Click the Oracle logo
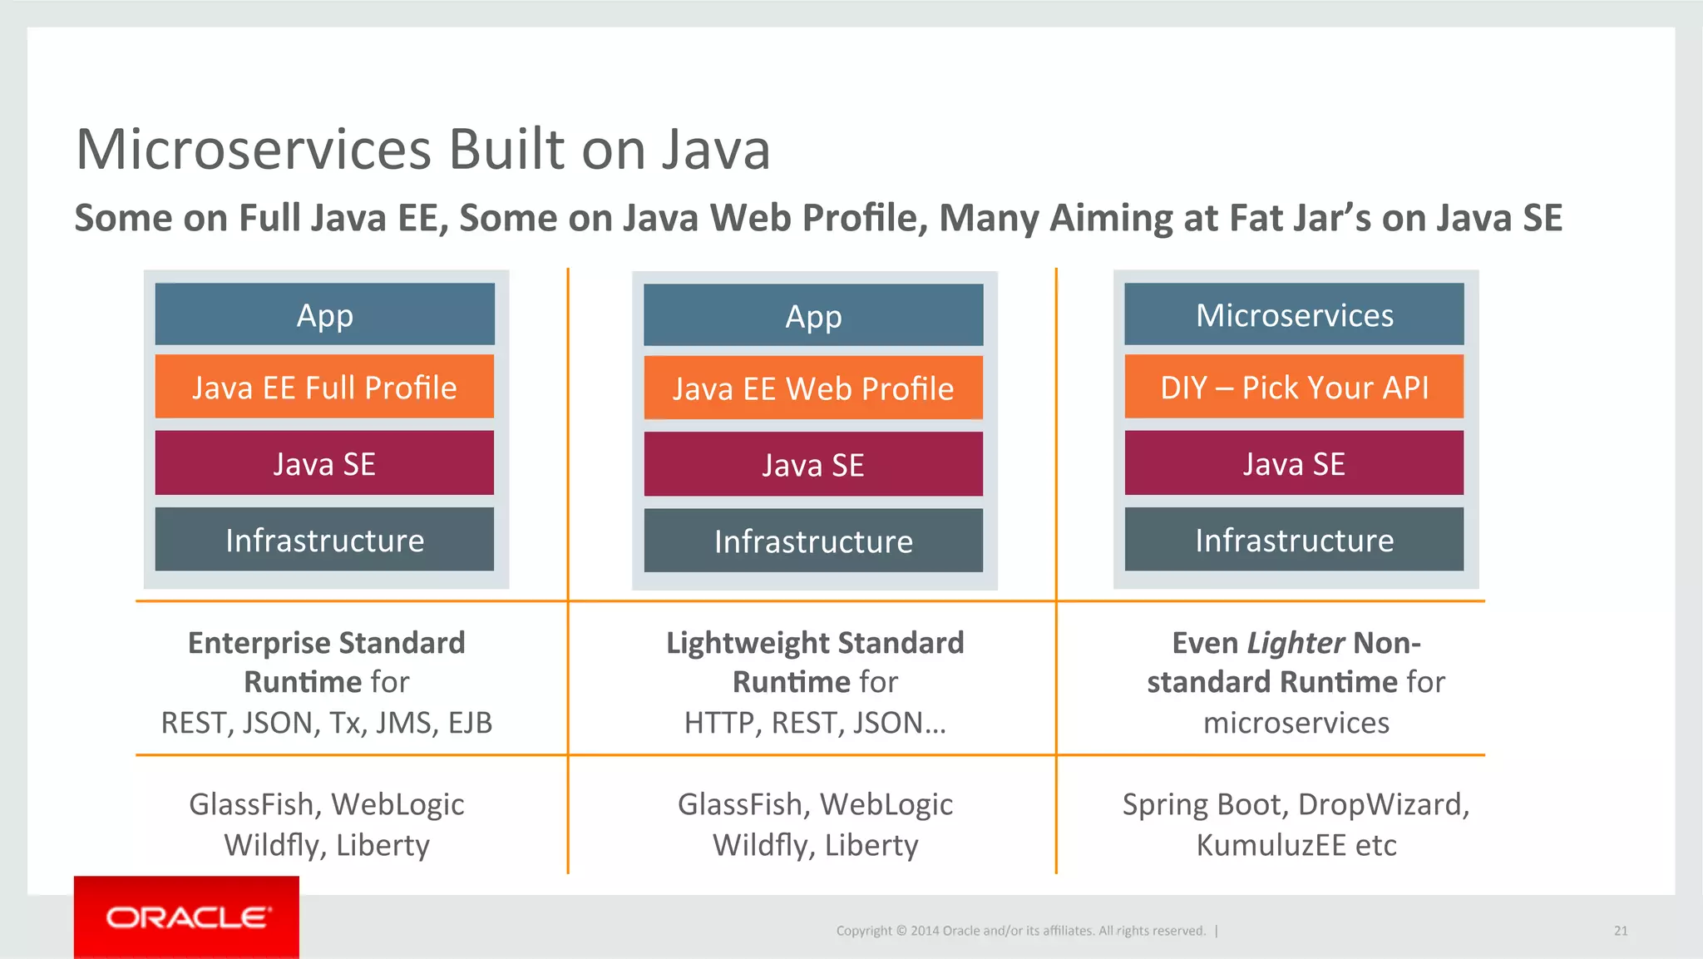[187, 917]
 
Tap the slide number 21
[1621, 931]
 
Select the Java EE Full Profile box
[324, 388]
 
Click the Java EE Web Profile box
[813, 388]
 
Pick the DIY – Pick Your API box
[1294, 388]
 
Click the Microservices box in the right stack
[1294, 315]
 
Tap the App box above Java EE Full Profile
[324, 315]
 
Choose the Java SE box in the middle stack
[813, 465]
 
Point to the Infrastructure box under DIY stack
[1294, 541]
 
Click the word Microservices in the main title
[254, 150]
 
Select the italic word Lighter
[1296, 643]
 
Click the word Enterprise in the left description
[259, 643]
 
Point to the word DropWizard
[1383, 804]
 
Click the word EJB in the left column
[470, 723]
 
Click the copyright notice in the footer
[1020, 931]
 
